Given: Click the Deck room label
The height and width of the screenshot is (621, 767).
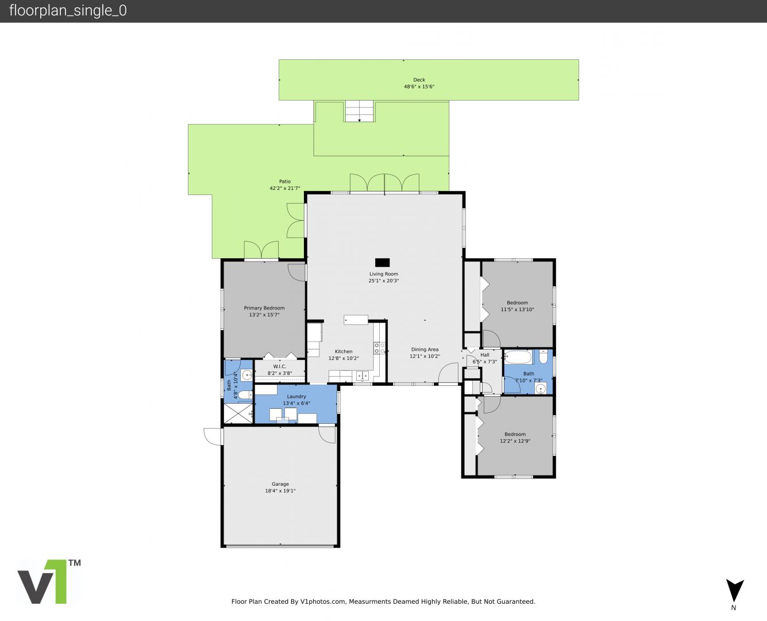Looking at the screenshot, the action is coord(419,80).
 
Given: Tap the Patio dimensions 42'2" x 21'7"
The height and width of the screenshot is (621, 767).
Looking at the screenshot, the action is coord(284,188).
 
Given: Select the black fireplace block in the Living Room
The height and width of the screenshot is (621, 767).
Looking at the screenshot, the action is coord(382,262).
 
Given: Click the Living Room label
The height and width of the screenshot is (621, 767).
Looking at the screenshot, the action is coord(384,274).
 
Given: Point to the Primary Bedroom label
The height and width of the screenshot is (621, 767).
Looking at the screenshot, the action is coord(264,308).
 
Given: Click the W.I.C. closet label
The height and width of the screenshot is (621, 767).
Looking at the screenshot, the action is coord(279,366).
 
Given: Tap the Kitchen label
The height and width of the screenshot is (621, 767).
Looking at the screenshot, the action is coord(344,351).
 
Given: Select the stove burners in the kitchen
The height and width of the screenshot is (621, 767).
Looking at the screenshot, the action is coord(379,348).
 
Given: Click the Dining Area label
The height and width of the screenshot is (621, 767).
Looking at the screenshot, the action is coord(425,349).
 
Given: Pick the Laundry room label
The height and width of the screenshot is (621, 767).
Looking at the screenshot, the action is coord(296,396).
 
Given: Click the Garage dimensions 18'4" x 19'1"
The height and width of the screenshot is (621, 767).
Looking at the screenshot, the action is coord(280,490).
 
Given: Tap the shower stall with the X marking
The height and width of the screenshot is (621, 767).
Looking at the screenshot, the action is coord(238,413).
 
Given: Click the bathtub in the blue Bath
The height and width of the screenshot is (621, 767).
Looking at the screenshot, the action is coord(518,357).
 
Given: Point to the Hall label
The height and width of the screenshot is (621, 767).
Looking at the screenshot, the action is coord(485,355).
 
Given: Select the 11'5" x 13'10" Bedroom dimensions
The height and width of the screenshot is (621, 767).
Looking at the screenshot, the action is coord(517,309).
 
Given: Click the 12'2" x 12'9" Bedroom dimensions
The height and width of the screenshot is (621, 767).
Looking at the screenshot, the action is coord(515,441).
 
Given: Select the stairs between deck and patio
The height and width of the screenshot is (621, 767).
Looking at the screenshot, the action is coord(360,112).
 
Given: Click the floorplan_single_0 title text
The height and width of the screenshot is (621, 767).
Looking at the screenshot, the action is coord(68,10).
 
